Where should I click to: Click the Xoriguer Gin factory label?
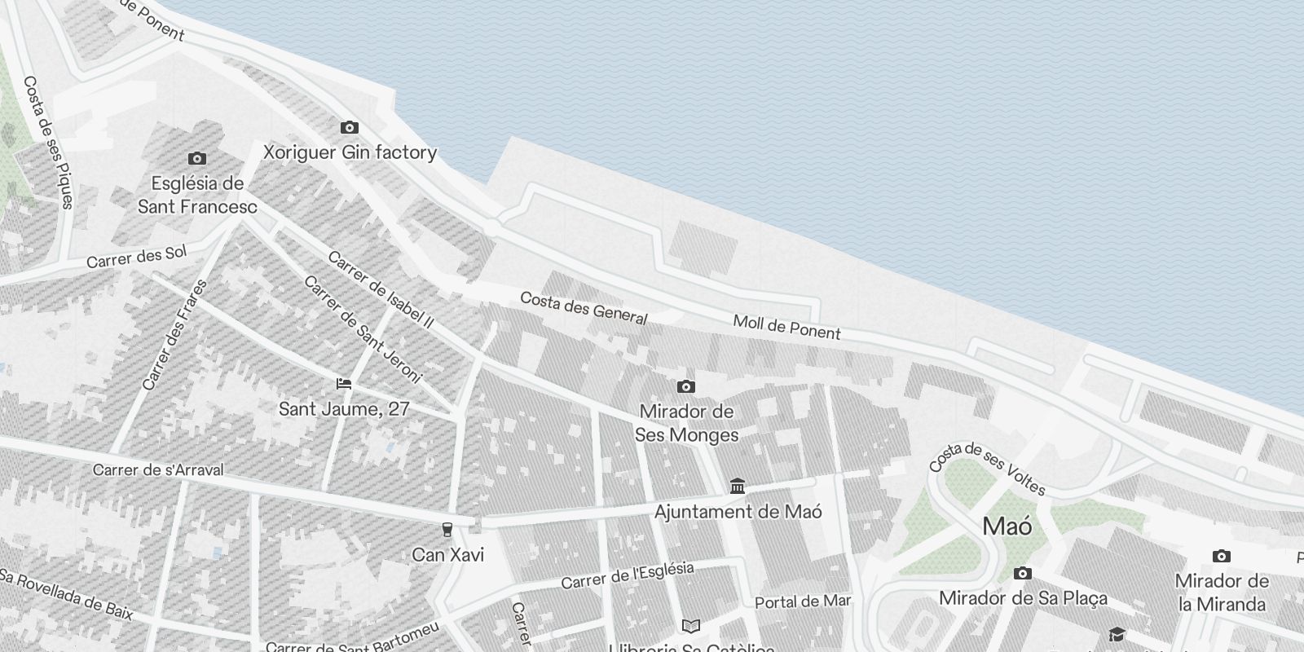tap(350, 152)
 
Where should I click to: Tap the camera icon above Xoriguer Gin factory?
tap(349, 127)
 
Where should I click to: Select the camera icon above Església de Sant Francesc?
tap(196, 158)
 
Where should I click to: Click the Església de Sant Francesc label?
tap(197, 195)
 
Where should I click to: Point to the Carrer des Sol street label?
tap(136, 257)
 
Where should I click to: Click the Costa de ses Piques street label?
tap(49, 143)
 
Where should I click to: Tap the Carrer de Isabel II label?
tap(380, 289)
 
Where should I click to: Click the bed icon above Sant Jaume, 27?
tap(344, 383)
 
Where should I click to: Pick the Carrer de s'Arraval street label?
tap(157, 470)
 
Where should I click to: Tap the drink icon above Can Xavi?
tap(447, 530)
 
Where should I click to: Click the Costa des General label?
tap(584, 308)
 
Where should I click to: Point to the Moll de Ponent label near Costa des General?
tap(786, 327)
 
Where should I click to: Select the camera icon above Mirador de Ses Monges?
tap(686, 386)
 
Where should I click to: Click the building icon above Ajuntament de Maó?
tap(738, 487)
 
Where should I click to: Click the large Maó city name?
tap(1007, 526)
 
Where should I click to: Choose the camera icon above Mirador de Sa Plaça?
tap(1022, 574)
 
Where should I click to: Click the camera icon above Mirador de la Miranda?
tap(1221, 556)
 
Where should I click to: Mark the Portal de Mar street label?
tap(803, 602)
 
